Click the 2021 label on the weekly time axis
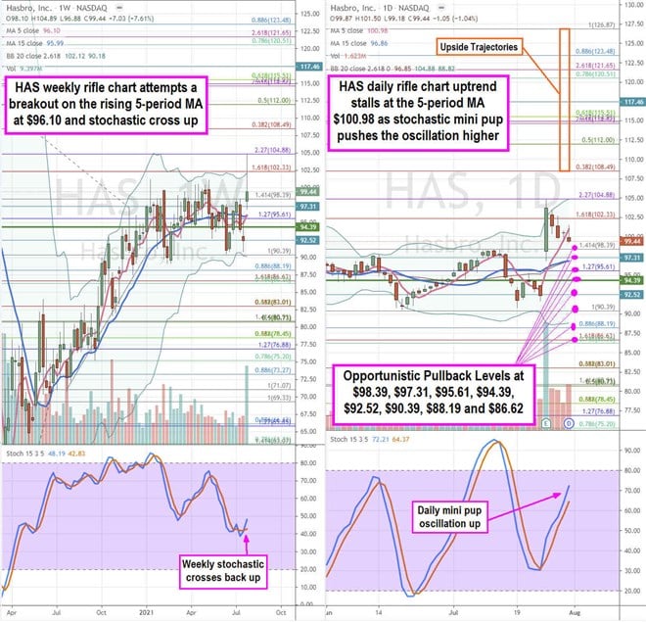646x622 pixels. (145, 612)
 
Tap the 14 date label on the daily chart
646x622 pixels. (378, 612)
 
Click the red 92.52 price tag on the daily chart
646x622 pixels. (630, 293)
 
